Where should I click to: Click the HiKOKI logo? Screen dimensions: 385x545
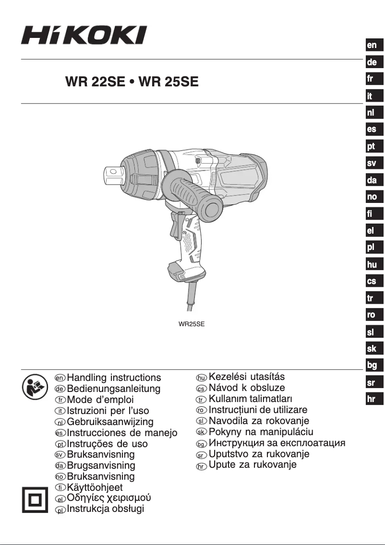tap(83, 36)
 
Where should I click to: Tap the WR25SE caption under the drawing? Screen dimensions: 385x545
tap(192, 324)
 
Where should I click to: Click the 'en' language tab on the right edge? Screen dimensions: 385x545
tap(372, 45)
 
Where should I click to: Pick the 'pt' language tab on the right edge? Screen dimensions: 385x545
tap(372, 147)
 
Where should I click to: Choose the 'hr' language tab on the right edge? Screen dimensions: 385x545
tap(372, 399)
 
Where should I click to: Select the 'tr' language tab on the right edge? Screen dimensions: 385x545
tap(372, 298)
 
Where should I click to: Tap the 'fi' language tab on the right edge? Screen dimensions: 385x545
tap(372, 213)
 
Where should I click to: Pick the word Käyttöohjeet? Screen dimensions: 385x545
tap(95, 488)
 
